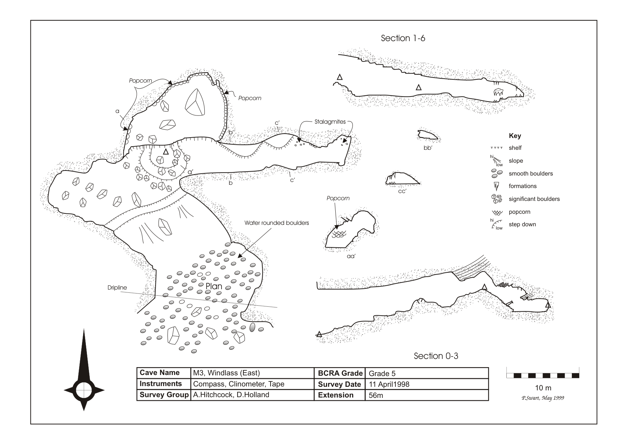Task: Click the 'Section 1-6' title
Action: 403,38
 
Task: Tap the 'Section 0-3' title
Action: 436,356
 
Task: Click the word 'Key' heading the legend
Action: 515,136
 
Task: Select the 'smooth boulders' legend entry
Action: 530,174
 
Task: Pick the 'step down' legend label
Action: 522,225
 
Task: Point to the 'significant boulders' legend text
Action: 534,199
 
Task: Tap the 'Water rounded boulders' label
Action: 277,223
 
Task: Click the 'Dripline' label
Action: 117,287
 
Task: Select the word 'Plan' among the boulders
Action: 214,286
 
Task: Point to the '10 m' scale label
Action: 543,388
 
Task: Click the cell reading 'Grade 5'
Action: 382,374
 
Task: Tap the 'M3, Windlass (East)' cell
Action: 226,373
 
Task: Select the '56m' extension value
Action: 376,396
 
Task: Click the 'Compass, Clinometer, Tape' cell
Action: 238,384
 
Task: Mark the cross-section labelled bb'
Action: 427,135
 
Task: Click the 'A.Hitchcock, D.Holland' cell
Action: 231,395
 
